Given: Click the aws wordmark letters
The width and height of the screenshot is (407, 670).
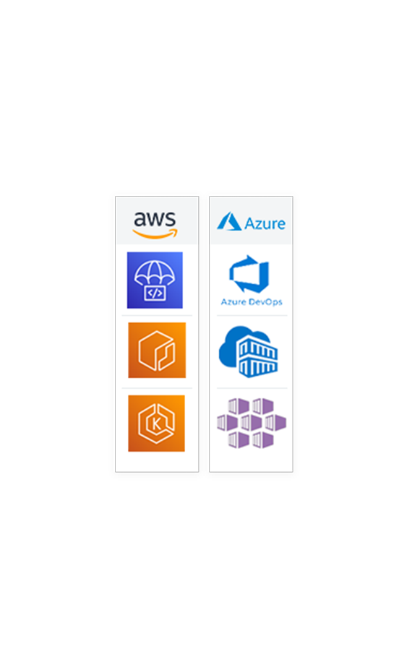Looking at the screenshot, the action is point(155,219).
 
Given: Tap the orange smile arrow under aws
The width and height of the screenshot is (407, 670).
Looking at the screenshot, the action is point(155,233).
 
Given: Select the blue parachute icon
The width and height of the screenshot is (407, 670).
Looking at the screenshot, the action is point(155,280).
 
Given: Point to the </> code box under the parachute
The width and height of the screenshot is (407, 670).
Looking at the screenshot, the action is point(155,293).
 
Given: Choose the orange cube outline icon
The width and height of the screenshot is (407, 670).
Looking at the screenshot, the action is point(157,350).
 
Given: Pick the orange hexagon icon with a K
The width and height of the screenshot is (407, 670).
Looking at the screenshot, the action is point(156,423).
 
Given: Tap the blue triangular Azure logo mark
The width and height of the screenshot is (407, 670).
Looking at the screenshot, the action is point(229,221).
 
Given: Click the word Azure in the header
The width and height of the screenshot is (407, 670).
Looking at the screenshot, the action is point(265,223).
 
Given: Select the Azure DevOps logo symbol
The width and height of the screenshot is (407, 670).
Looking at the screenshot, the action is point(249,274).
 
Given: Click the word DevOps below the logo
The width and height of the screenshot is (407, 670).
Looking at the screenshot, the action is point(265,301).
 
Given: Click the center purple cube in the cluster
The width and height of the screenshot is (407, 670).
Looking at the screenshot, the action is point(251,423).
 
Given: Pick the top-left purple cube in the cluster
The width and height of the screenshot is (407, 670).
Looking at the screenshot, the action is point(239,406).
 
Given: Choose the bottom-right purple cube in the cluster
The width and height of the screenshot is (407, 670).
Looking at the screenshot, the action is point(263,439).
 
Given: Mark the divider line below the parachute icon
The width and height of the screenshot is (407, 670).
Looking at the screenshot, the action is point(157,316).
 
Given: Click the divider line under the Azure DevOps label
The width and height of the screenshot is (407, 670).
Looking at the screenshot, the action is point(252,316).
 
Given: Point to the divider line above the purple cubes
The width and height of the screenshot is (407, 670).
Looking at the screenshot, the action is point(252,388).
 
